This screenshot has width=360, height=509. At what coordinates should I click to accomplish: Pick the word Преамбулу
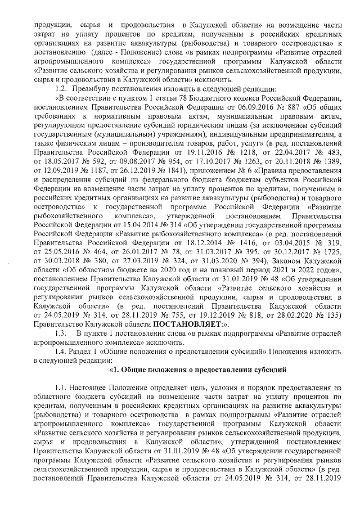coord(96,89)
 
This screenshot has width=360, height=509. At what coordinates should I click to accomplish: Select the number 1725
coord(332,262)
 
